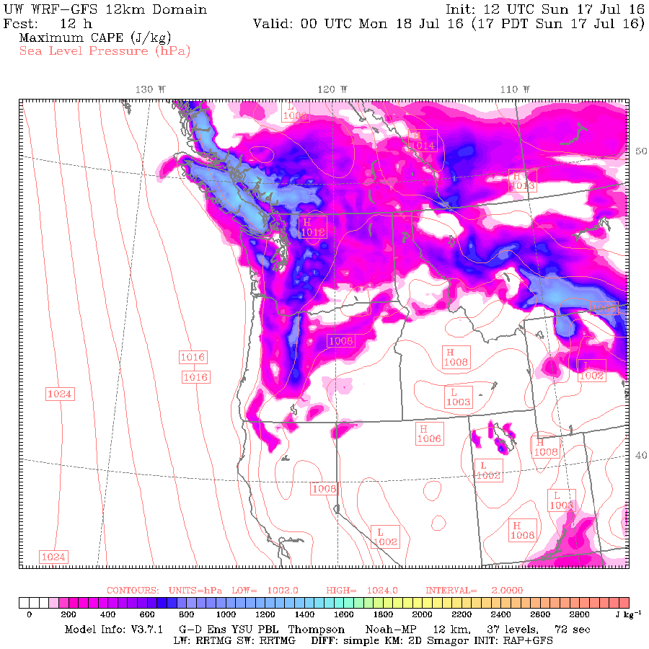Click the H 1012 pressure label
313,227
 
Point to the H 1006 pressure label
429,433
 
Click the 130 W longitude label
151,89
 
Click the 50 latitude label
639,151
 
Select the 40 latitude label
639,455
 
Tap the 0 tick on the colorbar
29,614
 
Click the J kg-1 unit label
622,614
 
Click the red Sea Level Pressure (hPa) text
105,50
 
